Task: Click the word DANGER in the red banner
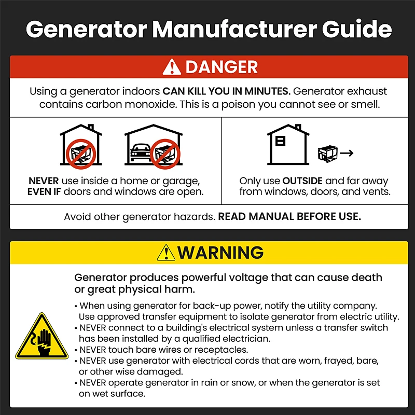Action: point(222,67)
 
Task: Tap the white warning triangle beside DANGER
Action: point(172,67)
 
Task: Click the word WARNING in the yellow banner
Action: point(220,253)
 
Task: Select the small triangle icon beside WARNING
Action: point(166,253)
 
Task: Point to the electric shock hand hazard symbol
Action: point(42,337)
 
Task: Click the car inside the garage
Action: point(140,152)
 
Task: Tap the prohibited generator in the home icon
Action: point(81,154)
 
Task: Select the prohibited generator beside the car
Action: point(165,154)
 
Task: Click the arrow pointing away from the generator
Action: point(347,153)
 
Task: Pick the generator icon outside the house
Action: point(328,154)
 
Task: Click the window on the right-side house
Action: point(280,141)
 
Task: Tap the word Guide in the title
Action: point(357,29)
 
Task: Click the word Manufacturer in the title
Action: point(234,29)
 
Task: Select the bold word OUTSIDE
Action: point(302,181)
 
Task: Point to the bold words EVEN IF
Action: point(44,191)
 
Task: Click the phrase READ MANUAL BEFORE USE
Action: point(289,216)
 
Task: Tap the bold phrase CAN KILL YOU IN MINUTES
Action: point(227,91)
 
